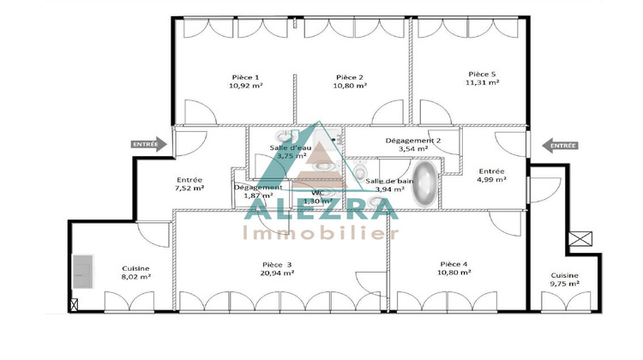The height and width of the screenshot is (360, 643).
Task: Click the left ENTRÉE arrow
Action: [146, 145]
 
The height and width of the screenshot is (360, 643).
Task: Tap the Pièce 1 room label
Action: [245, 77]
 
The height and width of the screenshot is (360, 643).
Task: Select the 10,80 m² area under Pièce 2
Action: [350, 86]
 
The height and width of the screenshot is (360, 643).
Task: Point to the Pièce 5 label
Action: [483, 74]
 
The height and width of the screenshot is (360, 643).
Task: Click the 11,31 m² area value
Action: [483, 82]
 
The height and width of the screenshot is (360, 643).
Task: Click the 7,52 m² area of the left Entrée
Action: [189, 188]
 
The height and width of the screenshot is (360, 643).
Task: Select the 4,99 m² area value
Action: [491, 179]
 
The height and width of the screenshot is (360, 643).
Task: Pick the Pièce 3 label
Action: [277, 264]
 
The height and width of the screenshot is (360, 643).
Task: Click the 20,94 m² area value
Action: [277, 273]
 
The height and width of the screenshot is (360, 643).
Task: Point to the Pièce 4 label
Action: [454, 263]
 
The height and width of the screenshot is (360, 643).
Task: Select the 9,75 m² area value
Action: [565, 284]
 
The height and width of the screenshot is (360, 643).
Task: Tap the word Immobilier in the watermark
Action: [321, 233]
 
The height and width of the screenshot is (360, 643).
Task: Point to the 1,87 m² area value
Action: [257, 195]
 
